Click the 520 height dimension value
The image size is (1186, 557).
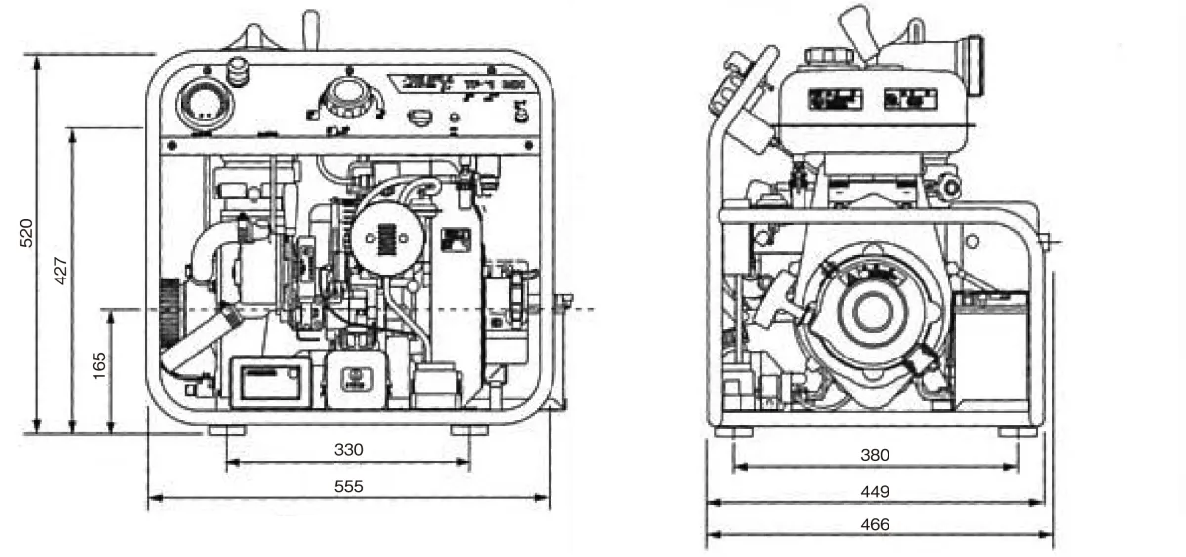tap(28, 232)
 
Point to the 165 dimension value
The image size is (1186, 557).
tap(98, 364)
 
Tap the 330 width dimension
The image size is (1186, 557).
tap(348, 450)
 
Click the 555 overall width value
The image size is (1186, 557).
tap(348, 486)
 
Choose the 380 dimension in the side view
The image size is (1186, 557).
tap(875, 455)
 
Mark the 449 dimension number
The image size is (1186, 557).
tap(875, 491)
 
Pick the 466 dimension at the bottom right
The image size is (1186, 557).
tap(875, 524)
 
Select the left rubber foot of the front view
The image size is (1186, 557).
tap(227, 431)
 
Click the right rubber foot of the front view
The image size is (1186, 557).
tap(469, 431)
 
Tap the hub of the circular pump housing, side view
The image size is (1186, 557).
tap(872, 312)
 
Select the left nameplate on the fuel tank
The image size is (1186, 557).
tap(835, 99)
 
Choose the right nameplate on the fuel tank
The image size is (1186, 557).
tap(910, 99)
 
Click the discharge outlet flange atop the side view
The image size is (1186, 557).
tap(974, 64)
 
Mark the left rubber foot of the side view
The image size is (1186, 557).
tap(733, 432)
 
